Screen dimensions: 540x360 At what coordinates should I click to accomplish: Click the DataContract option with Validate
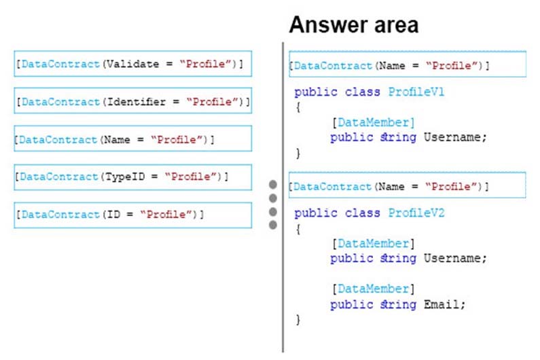click(133, 64)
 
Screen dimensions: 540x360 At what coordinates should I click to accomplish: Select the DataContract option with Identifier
click(133, 101)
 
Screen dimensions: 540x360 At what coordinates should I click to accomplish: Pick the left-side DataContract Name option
click(133, 139)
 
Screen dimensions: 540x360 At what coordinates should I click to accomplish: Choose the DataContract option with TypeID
click(133, 177)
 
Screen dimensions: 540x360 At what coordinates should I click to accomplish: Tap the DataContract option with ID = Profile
click(133, 215)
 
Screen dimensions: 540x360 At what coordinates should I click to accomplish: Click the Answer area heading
click(354, 25)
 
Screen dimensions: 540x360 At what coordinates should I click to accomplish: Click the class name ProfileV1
click(416, 92)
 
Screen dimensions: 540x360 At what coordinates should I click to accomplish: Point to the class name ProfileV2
click(416, 213)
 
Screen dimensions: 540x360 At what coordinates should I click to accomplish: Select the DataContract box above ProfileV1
click(408, 64)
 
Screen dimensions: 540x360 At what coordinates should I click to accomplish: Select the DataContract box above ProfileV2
click(408, 185)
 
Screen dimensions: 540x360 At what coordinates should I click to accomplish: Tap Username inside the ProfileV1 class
click(452, 137)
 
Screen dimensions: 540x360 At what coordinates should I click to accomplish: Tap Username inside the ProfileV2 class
click(452, 258)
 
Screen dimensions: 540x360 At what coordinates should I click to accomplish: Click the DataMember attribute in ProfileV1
click(374, 122)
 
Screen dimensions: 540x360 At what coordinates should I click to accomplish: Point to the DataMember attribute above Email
click(374, 289)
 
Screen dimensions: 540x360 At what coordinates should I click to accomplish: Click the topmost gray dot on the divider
click(273, 185)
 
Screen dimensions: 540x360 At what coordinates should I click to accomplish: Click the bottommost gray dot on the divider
click(273, 225)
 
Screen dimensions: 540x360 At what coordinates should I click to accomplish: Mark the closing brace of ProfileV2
click(298, 320)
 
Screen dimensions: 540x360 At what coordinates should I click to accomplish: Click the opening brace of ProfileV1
click(298, 107)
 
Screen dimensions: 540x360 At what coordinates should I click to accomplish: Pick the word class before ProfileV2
click(363, 213)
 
